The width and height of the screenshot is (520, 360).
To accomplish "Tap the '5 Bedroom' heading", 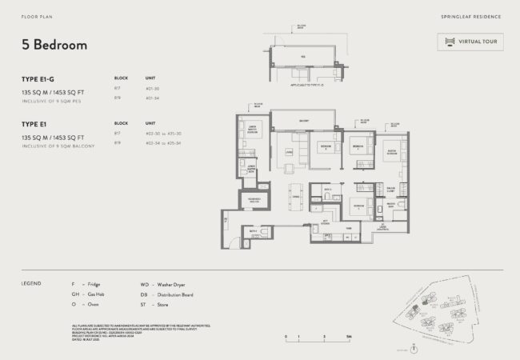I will click(54, 46).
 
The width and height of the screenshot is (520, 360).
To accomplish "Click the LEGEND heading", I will click(33, 284).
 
